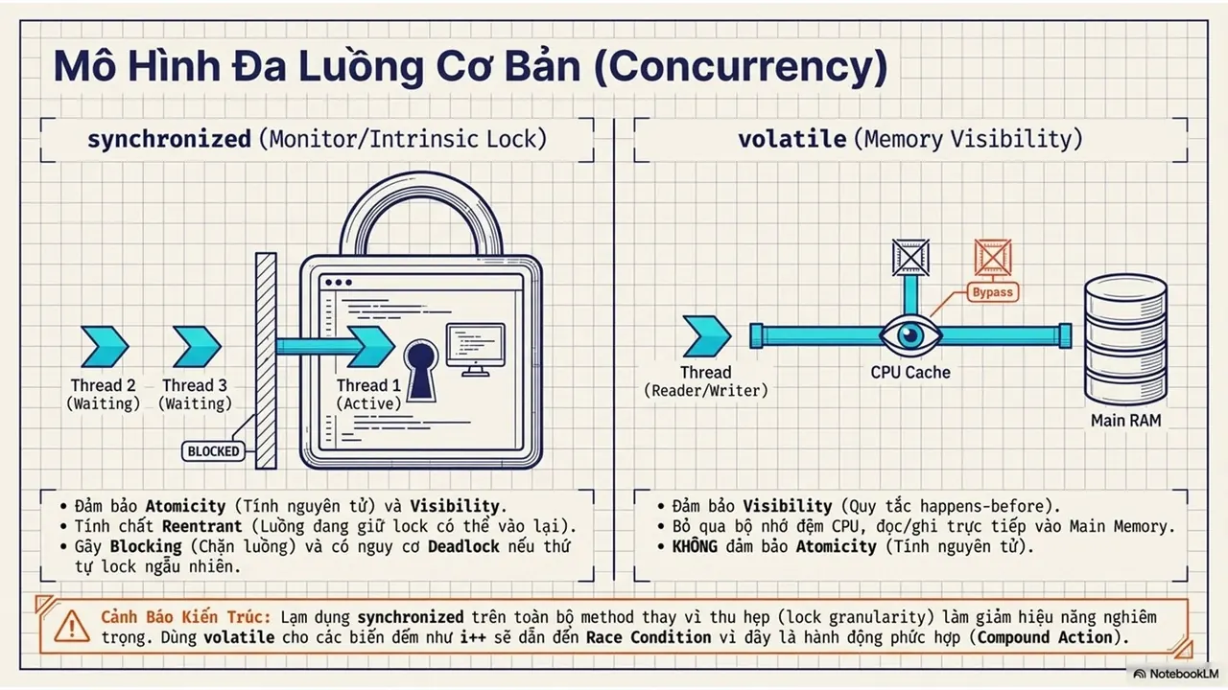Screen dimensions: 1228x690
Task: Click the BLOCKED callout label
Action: pyautogui.click(x=213, y=451)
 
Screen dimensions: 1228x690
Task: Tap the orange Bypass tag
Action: pyautogui.click(x=992, y=292)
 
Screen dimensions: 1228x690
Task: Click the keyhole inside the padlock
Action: pyautogui.click(x=421, y=370)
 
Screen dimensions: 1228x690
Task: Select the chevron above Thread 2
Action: pyautogui.click(x=105, y=346)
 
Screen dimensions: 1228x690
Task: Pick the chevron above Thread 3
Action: pyautogui.click(x=197, y=346)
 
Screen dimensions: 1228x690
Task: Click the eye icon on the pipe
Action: pyautogui.click(x=910, y=334)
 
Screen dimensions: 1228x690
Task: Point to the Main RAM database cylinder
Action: pyautogui.click(x=1125, y=339)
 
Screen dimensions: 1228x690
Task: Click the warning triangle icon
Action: pyautogui.click(x=72, y=627)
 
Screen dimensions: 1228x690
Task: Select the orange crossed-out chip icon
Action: pyautogui.click(x=993, y=257)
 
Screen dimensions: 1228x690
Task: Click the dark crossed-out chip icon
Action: pyautogui.click(x=910, y=257)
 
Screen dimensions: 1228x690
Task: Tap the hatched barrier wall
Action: pyautogui.click(x=266, y=360)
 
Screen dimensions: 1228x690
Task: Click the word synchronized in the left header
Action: pyautogui.click(x=169, y=139)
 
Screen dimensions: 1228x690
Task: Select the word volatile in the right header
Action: pyautogui.click(x=791, y=139)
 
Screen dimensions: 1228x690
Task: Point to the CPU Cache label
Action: pyautogui.click(x=910, y=373)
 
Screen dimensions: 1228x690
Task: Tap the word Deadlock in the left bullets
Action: pyautogui.click(x=463, y=546)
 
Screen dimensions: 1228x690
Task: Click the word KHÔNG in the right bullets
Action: pyautogui.click(x=695, y=546)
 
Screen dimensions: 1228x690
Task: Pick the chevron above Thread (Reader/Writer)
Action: pyautogui.click(x=707, y=335)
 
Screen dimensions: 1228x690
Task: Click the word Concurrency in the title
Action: pyautogui.click(x=741, y=67)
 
